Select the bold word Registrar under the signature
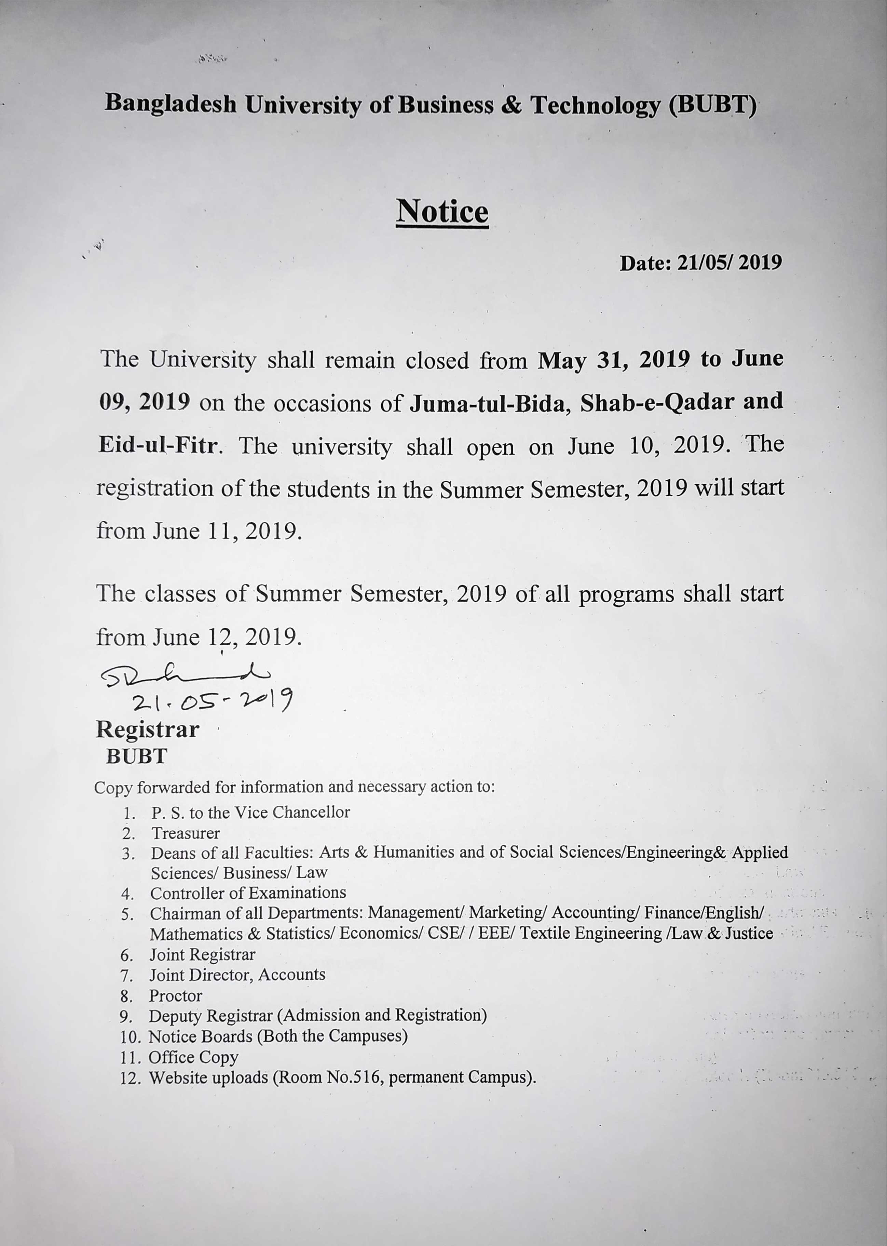[x=148, y=730]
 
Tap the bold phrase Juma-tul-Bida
[x=490, y=403]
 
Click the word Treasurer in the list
[x=186, y=833]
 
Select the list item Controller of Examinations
[x=248, y=893]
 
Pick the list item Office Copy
[x=193, y=1057]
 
